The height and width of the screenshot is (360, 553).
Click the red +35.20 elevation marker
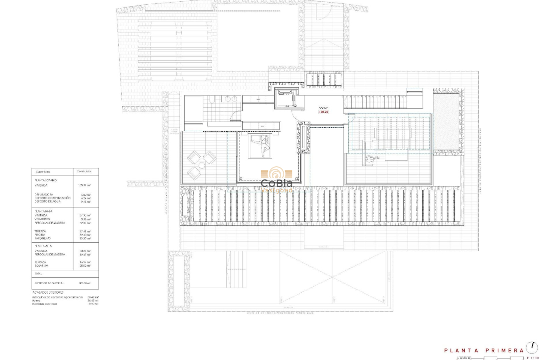click(x=323, y=112)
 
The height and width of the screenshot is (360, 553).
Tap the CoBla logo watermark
click(x=276, y=180)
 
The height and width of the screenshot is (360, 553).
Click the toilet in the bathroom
click(x=212, y=100)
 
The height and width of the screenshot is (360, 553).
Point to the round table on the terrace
click(x=202, y=165)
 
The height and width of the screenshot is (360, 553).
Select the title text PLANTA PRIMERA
click(x=484, y=351)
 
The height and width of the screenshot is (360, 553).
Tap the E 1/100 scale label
click(x=533, y=357)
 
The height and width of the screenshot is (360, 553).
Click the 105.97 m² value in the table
click(x=84, y=185)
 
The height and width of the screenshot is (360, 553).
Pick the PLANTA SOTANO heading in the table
click(x=45, y=180)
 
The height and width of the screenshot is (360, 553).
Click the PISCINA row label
click(x=40, y=235)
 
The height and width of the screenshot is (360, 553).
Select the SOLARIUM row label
click(x=41, y=266)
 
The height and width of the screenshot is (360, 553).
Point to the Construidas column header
click(x=84, y=171)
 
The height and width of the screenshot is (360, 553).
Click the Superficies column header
click(x=43, y=171)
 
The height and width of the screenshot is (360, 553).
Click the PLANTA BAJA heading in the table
click(x=43, y=211)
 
